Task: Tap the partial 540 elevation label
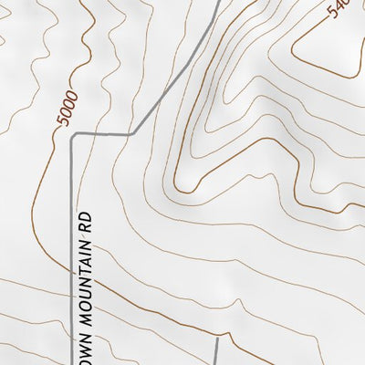tap(339, 9)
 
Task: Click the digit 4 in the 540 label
tap(339, 9)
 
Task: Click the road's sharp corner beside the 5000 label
tap(73, 135)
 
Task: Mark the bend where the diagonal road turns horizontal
tap(132, 134)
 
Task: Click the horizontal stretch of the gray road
tap(102, 135)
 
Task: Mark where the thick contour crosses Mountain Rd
tap(73, 270)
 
